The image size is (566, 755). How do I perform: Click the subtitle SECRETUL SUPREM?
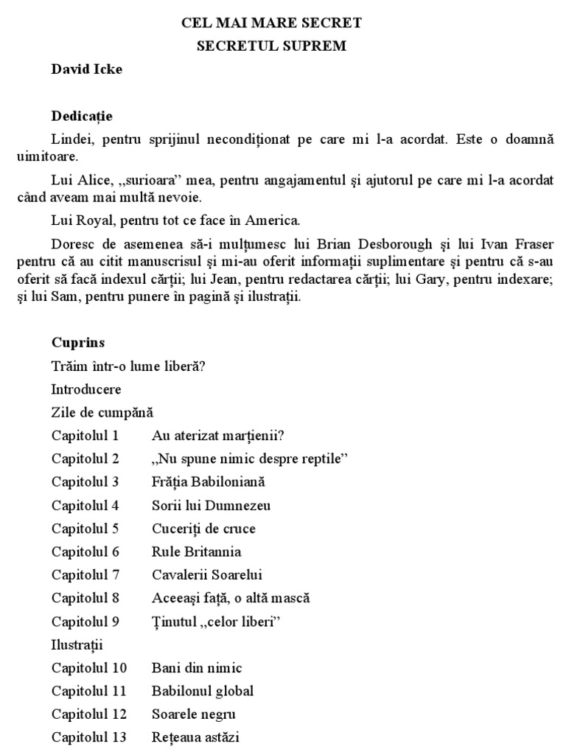click(x=271, y=46)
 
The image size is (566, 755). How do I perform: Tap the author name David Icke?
click(x=87, y=71)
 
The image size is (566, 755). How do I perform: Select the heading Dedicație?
click(x=82, y=116)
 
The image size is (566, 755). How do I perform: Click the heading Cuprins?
click(x=78, y=342)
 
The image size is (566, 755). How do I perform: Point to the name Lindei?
click(x=69, y=139)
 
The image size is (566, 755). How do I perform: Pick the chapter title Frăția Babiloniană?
click(x=208, y=481)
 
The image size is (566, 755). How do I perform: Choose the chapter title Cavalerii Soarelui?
click(x=207, y=574)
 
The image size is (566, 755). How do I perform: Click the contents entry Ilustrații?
click(x=77, y=644)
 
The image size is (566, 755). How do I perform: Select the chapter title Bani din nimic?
click(x=197, y=668)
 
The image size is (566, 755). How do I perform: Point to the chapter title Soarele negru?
click(x=194, y=714)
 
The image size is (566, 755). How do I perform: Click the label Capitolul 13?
click(x=89, y=737)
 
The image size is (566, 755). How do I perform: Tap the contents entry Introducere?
click(x=87, y=389)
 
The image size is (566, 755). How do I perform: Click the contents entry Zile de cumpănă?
click(x=102, y=411)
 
